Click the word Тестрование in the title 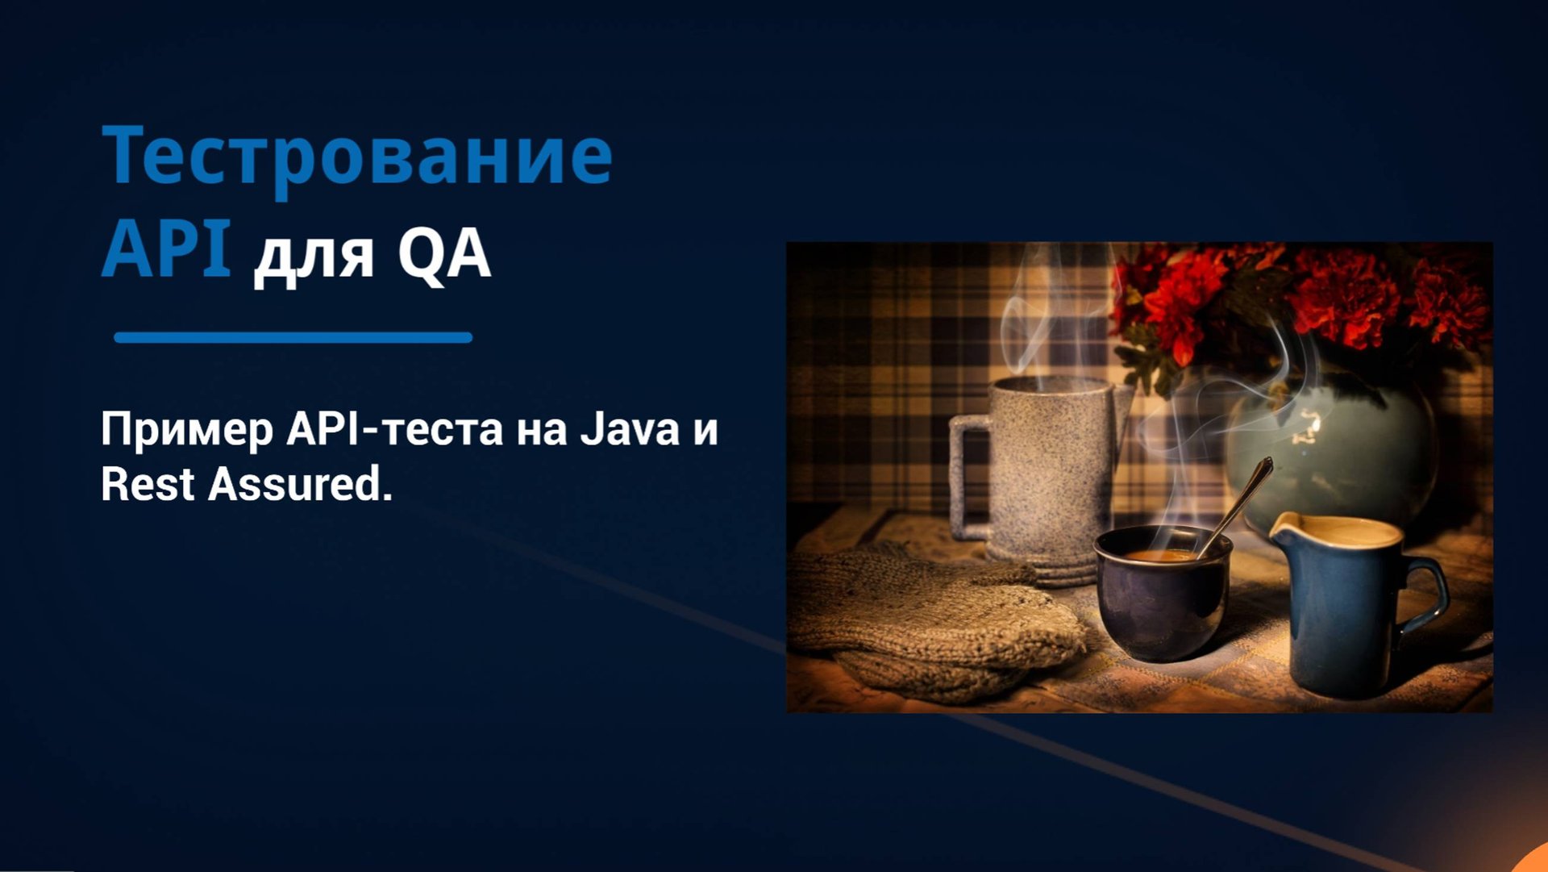pos(357,156)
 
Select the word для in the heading pos(314,257)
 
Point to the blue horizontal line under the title pos(293,338)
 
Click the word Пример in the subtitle pos(187,431)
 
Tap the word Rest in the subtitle pos(148,485)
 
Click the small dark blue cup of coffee pos(1161,597)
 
